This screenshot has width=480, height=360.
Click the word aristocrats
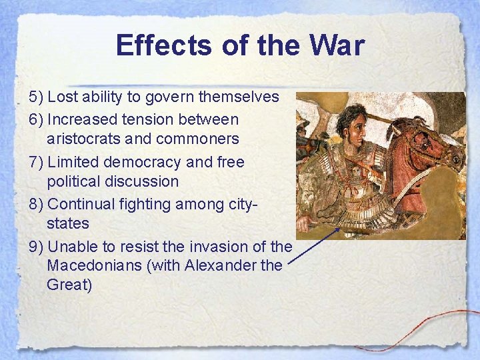click(83, 139)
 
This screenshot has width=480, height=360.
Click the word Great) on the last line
click(69, 285)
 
